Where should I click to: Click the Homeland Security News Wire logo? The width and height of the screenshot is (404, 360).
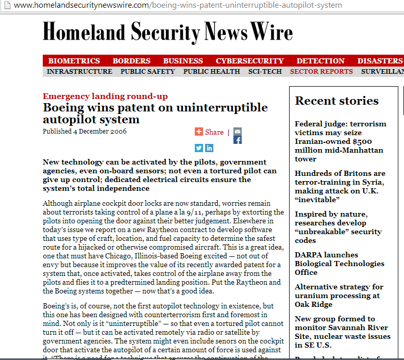(x=167, y=32)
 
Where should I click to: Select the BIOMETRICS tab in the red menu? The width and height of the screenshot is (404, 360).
(x=74, y=61)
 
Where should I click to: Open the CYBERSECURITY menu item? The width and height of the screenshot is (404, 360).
(x=249, y=61)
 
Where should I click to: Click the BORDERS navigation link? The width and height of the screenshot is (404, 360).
(x=131, y=61)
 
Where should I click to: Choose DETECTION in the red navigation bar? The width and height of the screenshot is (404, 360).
(x=321, y=61)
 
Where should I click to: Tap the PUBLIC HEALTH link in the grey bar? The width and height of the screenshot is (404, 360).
(x=211, y=72)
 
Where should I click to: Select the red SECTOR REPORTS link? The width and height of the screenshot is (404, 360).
(x=321, y=72)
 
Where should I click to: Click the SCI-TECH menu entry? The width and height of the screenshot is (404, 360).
(x=265, y=72)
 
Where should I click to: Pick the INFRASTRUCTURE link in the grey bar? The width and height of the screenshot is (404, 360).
(x=79, y=72)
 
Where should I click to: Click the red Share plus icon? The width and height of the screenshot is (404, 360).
(x=199, y=132)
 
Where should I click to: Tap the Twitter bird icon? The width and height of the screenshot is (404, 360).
(x=199, y=148)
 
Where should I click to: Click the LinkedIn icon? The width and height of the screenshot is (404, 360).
(x=209, y=148)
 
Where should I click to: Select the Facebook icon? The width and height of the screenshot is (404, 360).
(x=238, y=140)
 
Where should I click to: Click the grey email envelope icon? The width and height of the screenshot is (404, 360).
(x=238, y=131)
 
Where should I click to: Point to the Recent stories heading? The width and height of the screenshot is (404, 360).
(x=336, y=101)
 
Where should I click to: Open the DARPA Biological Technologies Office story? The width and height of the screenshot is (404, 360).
(x=339, y=264)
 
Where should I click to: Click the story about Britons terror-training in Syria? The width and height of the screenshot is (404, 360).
(x=340, y=186)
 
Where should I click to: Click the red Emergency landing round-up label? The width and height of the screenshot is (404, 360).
(x=105, y=96)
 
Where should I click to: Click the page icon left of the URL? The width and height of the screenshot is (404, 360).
(x=7, y=5)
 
